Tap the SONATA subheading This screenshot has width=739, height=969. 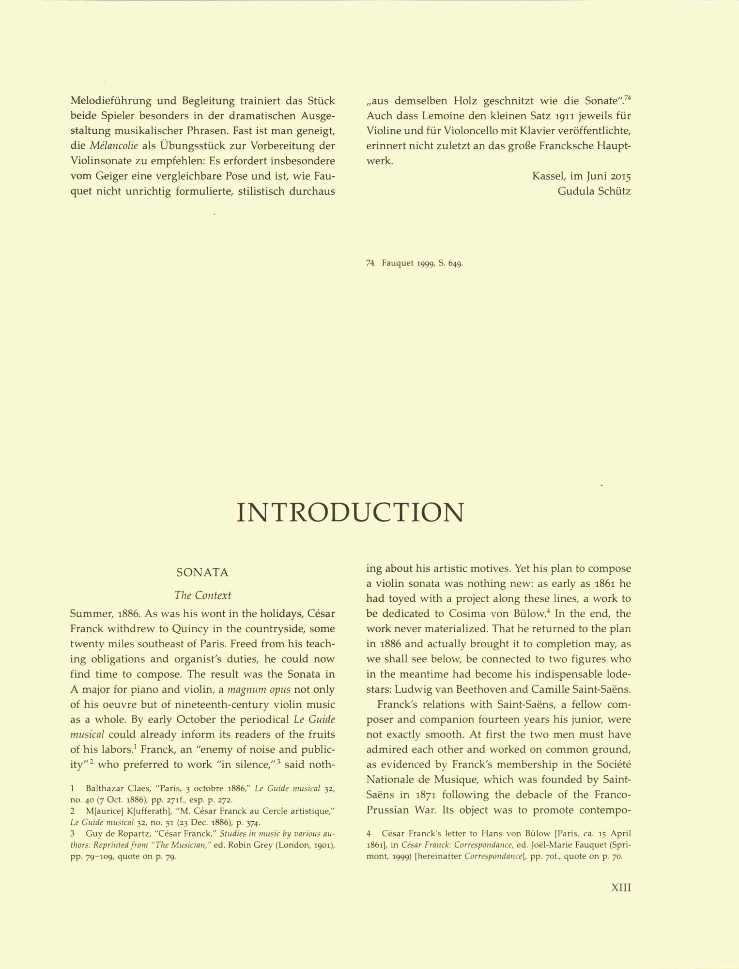point(202,573)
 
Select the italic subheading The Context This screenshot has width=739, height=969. point(202,595)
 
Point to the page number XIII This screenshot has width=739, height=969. point(621,888)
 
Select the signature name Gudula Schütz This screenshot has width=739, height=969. point(594,191)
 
